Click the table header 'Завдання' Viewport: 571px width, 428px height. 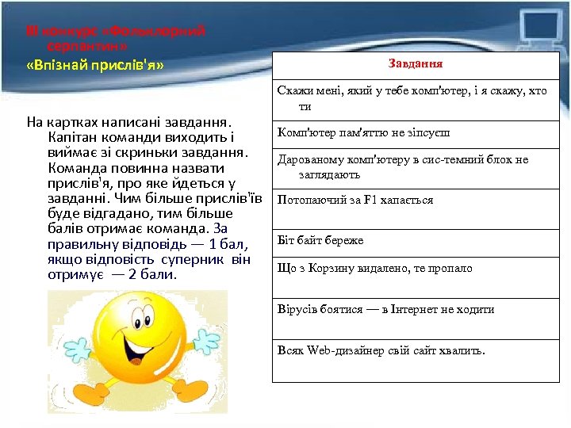(416, 63)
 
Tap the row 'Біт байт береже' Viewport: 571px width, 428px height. (320, 240)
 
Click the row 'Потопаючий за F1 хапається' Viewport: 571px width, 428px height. (354, 200)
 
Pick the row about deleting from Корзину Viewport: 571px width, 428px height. (374, 268)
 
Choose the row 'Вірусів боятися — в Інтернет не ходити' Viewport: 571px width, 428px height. (385, 310)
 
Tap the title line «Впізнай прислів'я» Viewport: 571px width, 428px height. (95, 64)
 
